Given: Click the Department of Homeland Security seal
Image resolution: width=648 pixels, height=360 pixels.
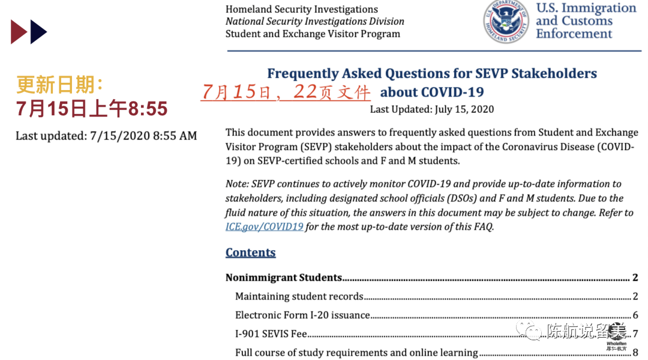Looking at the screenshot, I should (x=506, y=22).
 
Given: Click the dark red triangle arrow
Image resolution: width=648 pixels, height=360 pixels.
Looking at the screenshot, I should (x=18, y=32).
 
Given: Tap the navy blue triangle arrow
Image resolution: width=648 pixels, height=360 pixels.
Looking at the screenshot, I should (x=38, y=32).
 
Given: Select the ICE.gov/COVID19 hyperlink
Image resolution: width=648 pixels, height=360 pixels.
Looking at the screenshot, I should (x=264, y=227).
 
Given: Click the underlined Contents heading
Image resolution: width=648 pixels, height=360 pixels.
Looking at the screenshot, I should (x=250, y=253).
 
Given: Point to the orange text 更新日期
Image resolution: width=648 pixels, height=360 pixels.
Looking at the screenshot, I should (x=60, y=85).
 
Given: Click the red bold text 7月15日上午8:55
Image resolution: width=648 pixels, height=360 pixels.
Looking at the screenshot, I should (x=91, y=109).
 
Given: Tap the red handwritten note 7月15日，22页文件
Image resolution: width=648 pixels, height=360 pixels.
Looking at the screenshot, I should (x=286, y=92).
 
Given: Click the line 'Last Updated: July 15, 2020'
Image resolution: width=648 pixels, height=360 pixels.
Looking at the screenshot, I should (x=431, y=109).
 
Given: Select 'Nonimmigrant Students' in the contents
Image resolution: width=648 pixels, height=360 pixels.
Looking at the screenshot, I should (x=283, y=278).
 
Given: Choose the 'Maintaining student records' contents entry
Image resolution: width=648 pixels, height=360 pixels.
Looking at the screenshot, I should (x=299, y=296).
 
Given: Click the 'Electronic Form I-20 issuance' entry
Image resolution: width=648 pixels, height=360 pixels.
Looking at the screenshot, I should (x=302, y=315).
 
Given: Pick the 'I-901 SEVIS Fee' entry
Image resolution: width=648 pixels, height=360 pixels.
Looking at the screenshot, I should (x=271, y=334).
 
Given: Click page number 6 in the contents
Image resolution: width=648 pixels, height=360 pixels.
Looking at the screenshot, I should (x=635, y=315).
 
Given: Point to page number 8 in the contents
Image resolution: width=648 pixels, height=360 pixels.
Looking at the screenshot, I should (x=635, y=353).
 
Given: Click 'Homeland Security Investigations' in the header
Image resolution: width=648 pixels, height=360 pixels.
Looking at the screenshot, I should (x=301, y=9).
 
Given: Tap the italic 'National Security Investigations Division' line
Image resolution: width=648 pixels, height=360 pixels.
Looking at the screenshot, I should (x=314, y=22).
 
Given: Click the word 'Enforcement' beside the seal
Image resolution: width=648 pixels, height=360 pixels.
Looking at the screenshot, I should (x=574, y=34).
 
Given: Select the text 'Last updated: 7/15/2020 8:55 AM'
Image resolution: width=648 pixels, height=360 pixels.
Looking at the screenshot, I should (x=106, y=136).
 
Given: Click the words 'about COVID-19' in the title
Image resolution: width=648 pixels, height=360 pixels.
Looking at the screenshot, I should (x=432, y=92).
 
